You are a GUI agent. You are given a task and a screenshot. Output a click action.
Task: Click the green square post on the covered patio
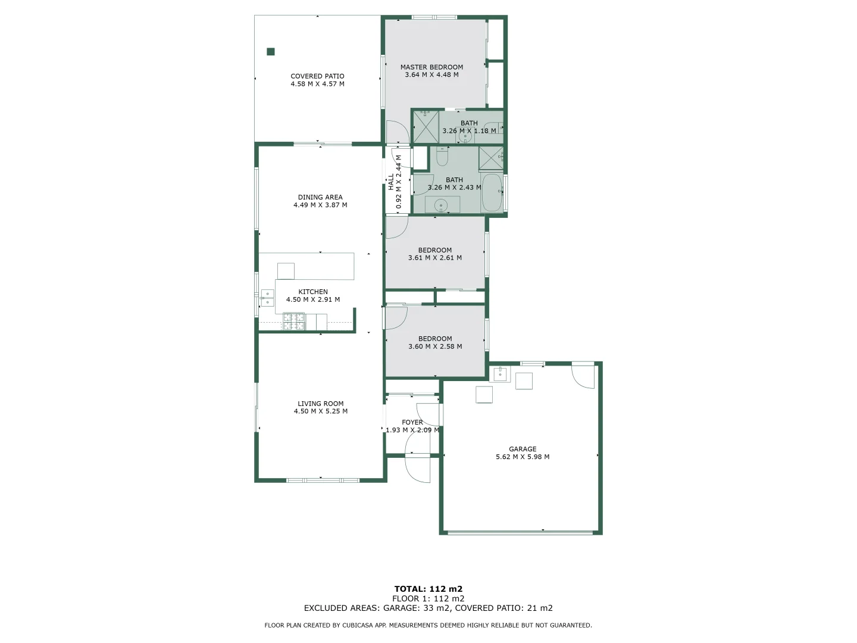[271, 52]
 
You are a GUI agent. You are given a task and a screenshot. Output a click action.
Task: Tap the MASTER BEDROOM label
[431, 67]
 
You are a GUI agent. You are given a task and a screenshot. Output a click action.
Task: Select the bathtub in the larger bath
[492, 192]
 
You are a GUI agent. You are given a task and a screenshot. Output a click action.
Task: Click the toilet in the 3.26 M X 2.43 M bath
[442, 157]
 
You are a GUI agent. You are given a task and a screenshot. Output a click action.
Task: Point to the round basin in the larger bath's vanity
[441, 205]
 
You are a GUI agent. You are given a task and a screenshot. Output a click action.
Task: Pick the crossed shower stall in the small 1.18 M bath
[426, 126]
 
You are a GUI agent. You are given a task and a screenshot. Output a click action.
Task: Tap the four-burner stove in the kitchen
[293, 321]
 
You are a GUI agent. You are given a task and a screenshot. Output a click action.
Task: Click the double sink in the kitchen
[267, 298]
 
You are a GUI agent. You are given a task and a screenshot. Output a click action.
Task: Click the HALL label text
[391, 182]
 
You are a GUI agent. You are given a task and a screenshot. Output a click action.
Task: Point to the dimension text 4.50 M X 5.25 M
[321, 411]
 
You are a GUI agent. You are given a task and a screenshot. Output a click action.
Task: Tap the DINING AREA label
[320, 197]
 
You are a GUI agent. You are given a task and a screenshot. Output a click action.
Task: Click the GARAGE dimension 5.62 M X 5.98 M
[523, 457]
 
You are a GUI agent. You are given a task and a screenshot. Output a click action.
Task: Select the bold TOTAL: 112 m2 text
[428, 589]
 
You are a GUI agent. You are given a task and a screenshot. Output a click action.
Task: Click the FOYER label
[412, 422]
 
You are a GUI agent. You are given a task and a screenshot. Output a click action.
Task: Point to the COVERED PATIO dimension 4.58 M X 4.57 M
[317, 84]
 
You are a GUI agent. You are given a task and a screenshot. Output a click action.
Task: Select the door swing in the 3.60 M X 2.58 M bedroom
[396, 317]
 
